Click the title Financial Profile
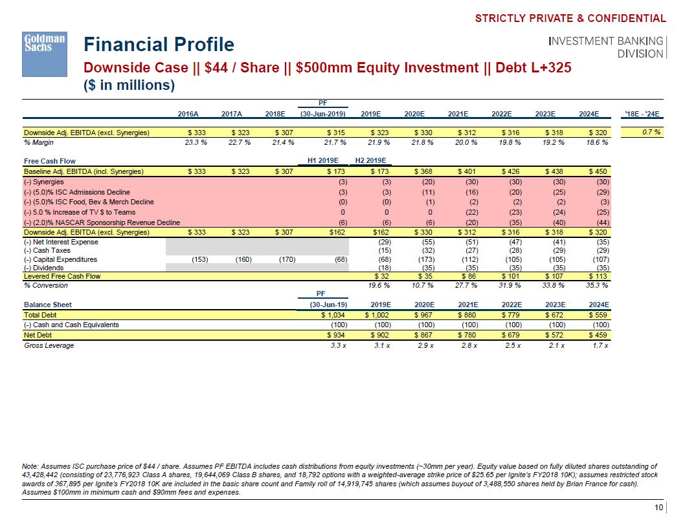pyautogui.click(x=159, y=45)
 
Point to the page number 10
pyautogui.click(x=658, y=508)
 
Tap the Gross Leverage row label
pyautogui.click(x=49, y=345)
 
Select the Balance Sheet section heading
pyautogui.click(x=48, y=305)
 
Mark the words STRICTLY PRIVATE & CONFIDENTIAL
pyautogui.click(x=570, y=19)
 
